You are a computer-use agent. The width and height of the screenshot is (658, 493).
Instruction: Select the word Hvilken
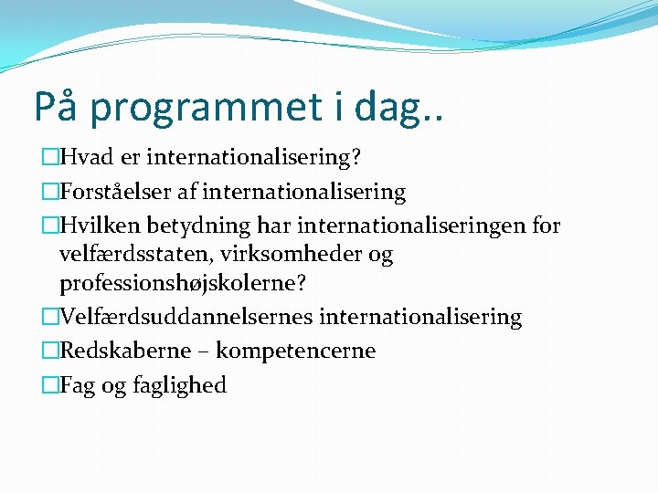96,226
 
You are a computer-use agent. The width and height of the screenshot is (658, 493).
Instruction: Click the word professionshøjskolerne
180,284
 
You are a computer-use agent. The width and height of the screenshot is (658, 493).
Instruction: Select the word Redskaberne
125,351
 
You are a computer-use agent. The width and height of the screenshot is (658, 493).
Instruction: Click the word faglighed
182,385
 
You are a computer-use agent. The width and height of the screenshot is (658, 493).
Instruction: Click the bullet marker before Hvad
49,158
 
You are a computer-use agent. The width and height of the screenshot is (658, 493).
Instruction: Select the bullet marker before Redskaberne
49,351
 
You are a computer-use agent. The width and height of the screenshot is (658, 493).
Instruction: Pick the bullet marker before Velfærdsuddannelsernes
49,317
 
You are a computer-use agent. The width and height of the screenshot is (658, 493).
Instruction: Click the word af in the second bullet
213,192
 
